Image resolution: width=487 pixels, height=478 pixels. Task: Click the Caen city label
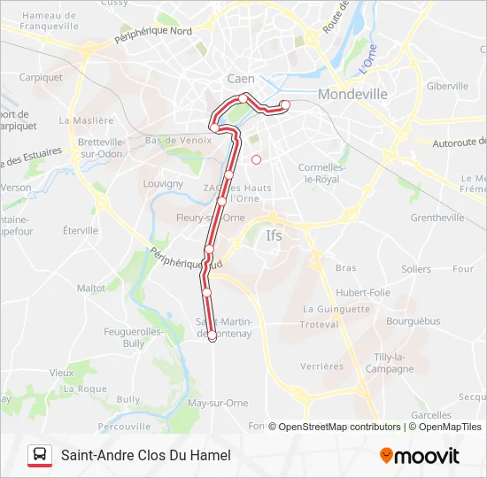click(x=241, y=79)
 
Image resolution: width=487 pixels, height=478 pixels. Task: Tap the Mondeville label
click(x=352, y=93)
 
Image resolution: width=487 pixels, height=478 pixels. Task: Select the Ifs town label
click(x=274, y=235)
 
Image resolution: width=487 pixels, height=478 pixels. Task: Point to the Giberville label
click(x=447, y=86)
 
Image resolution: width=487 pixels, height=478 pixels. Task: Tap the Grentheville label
click(x=437, y=218)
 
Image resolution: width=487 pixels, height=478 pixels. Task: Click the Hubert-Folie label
click(x=363, y=292)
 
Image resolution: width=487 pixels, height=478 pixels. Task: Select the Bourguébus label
click(x=413, y=321)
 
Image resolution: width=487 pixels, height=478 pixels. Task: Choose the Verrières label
click(x=322, y=366)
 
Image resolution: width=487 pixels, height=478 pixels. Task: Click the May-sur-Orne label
click(x=219, y=403)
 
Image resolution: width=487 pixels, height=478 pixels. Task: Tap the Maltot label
click(x=91, y=288)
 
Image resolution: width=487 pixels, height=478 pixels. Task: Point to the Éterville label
click(x=81, y=230)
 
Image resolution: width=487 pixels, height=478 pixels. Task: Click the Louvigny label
click(x=163, y=183)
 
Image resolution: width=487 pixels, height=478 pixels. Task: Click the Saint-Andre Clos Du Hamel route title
click(x=145, y=455)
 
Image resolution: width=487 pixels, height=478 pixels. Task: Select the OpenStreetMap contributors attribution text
click(x=339, y=427)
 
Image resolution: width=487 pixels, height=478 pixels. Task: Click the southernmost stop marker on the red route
click(x=213, y=335)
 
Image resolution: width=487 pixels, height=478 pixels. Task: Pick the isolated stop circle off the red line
click(x=256, y=159)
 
